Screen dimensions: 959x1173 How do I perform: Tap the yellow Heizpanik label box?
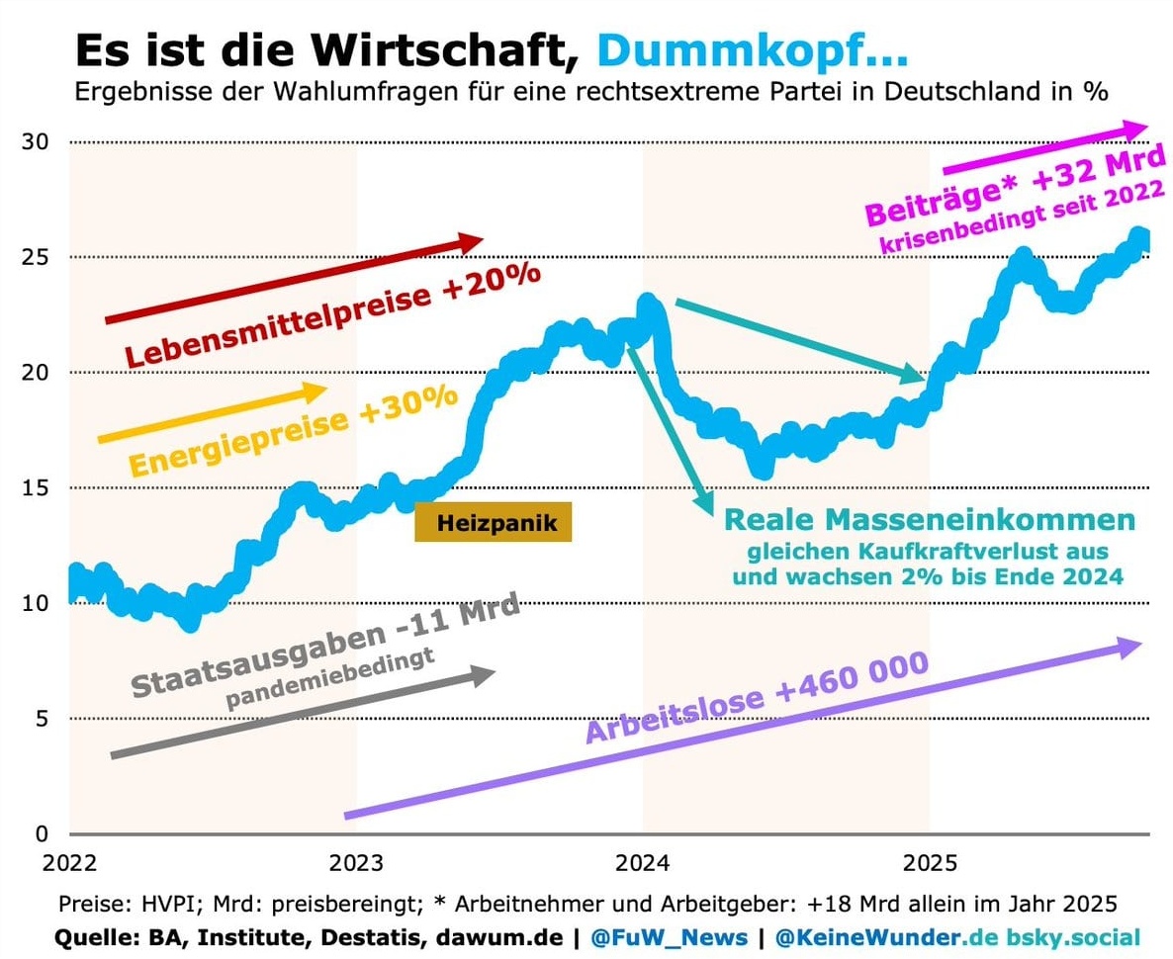coord(493,523)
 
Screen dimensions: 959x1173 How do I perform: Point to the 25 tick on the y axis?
coord(36,257)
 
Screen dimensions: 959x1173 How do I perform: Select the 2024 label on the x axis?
coord(643,863)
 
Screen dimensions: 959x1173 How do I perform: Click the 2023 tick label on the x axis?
coord(356,863)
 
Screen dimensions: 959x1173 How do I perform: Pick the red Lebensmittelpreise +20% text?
coord(332,313)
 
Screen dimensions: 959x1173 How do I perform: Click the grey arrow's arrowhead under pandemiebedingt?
coord(481,675)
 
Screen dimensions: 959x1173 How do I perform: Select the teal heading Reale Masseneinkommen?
coord(930,520)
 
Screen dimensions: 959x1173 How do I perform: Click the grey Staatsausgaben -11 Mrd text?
coord(325,645)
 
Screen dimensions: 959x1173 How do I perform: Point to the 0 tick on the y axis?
coord(42,833)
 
